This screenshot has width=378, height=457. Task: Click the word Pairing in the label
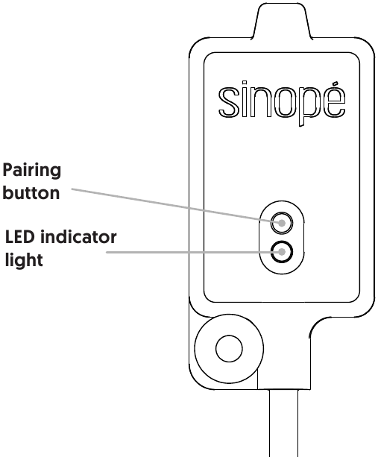click(32, 171)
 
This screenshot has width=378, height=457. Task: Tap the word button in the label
click(31, 192)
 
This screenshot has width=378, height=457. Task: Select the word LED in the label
click(20, 236)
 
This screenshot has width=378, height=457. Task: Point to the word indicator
click(78, 236)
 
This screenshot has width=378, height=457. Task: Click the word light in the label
click(24, 260)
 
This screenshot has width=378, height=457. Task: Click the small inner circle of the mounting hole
click(229, 349)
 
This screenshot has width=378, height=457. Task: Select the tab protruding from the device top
click(282, 20)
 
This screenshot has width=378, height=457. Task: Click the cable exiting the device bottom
click(283, 423)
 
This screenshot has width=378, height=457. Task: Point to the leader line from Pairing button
click(177, 206)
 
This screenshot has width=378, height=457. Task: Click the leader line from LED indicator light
click(194, 252)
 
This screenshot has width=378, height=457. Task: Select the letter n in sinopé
click(259, 103)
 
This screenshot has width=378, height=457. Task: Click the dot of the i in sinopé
click(244, 83)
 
